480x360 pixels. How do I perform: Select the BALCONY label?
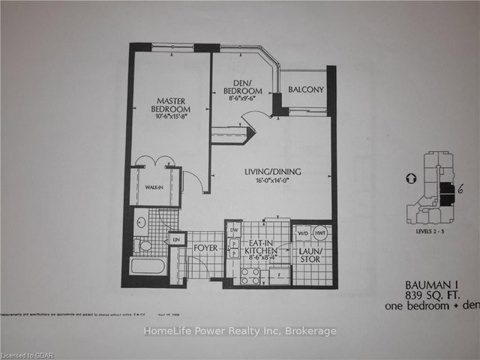(x=306, y=90)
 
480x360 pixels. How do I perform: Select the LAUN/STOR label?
(x=310, y=256)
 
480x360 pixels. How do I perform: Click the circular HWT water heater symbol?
(x=321, y=232)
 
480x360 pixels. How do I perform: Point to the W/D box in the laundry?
(x=303, y=232)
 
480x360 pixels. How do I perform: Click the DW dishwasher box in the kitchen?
(x=233, y=229)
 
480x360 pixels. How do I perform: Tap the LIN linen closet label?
(x=177, y=238)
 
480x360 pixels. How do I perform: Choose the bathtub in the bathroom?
(x=148, y=267)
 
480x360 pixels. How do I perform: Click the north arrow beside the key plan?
(x=409, y=179)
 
